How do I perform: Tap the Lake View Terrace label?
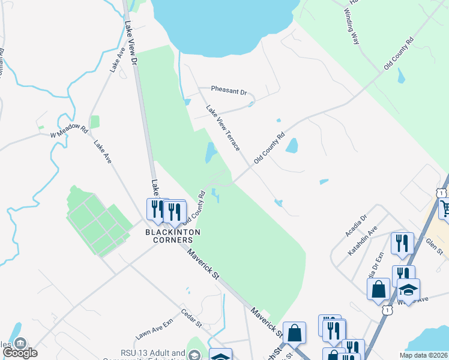point(223,128)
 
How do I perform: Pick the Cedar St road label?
point(191,319)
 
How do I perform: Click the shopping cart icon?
point(445,209)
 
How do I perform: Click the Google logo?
point(20,353)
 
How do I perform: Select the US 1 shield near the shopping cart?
point(441,194)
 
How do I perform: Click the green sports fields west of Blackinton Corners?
point(99,221)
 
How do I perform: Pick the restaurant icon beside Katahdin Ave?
point(402,243)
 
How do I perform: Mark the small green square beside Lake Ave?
point(94,122)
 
